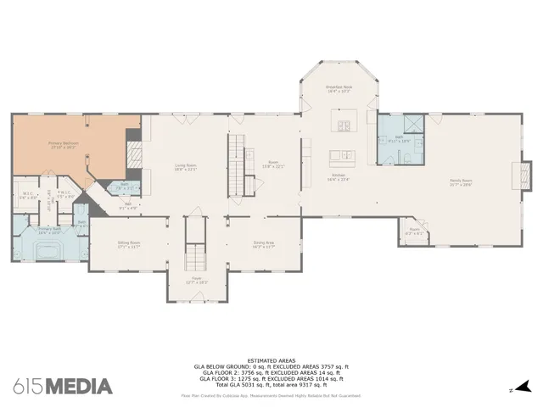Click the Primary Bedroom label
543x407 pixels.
point(64,144)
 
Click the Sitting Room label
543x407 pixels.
point(129,244)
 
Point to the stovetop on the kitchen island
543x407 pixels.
point(345,127)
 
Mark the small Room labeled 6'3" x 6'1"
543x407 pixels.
point(414,230)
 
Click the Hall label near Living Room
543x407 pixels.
point(129,203)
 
